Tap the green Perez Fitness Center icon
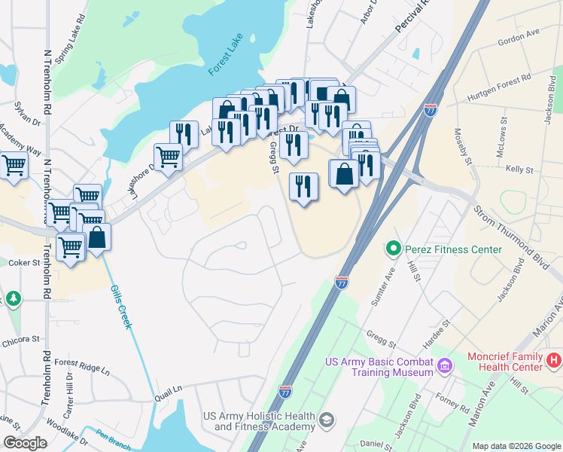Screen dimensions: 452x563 (392, 248)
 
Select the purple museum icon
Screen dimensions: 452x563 (446, 367)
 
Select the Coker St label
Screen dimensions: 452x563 (23, 263)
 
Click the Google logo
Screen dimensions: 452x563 (25, 443)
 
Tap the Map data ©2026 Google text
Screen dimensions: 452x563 (515, 446)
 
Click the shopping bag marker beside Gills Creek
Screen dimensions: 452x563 (97, 237)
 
